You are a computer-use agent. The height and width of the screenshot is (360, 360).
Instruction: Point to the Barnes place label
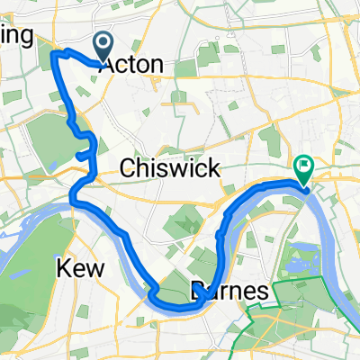[230, 292]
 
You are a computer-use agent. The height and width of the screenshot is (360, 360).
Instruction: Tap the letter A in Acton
[108, 65]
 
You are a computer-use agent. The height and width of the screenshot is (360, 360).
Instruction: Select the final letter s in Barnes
[263, 292]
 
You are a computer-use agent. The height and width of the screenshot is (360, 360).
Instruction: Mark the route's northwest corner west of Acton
[54, 55]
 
